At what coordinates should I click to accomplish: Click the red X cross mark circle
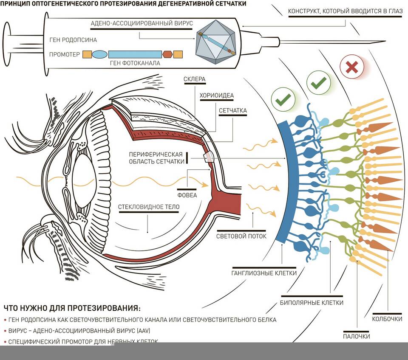coord(351,67)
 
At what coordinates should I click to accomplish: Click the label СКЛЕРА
coord(195,79)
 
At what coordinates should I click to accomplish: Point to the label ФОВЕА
coord(187,196)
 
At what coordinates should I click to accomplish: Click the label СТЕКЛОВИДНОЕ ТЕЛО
coord(149,207)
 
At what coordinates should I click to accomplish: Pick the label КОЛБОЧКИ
coord(387,319)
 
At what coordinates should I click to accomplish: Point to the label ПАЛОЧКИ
coord(357,336)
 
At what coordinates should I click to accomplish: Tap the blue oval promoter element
coord(99,54)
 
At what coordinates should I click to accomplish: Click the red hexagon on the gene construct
coord(167,54)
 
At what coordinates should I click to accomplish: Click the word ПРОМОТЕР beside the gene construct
coord(65,54)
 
